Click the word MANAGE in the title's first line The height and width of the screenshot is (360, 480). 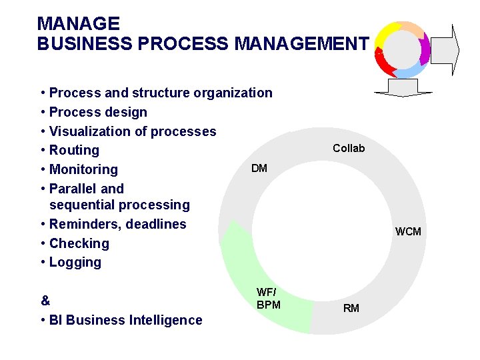pos(79,25)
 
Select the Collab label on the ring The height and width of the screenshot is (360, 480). pos(349,148)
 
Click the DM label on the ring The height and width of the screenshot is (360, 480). pos(259,168)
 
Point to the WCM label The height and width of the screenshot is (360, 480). pos(408,232)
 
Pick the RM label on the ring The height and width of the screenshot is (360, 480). pos(351,308)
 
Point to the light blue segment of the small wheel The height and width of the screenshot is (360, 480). pos(411,69)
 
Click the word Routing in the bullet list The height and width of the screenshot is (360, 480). pos(74,150)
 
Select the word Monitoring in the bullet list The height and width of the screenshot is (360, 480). pos(83,169)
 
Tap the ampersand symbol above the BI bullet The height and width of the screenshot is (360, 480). pos(45,300)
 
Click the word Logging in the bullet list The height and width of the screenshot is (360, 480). pos(75,262)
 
